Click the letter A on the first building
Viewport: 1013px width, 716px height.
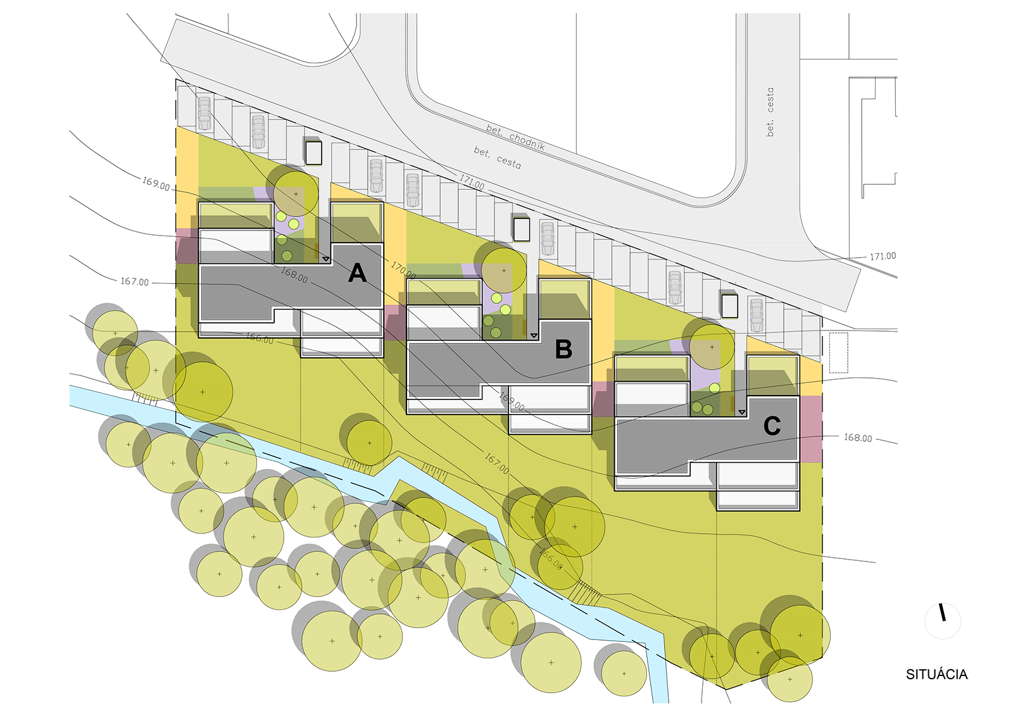point(358,273)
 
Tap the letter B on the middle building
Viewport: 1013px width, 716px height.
point(563,349)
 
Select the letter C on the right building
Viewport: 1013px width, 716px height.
point(772,426)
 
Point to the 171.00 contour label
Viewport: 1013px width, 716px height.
point(472,182)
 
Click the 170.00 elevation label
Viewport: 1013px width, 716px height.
point(403,270)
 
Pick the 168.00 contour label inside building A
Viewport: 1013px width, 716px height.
point(294,275)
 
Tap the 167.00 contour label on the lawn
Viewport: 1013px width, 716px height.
point(496,463)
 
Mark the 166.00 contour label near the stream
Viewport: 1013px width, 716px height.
point(551,558)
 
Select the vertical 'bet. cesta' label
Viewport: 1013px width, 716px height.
point(770,112)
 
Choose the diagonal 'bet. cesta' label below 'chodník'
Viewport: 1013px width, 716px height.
point(497,158)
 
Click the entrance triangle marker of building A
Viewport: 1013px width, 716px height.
point(325,259)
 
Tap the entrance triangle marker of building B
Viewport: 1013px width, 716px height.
point(533,335)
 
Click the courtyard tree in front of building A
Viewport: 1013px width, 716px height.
point(295,194)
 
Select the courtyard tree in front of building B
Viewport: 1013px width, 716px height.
point(504,271)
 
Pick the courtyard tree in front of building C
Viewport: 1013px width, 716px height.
point(712,348)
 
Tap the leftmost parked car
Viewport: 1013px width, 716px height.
point(204,113)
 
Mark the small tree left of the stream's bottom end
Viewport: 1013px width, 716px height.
point(624,674)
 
